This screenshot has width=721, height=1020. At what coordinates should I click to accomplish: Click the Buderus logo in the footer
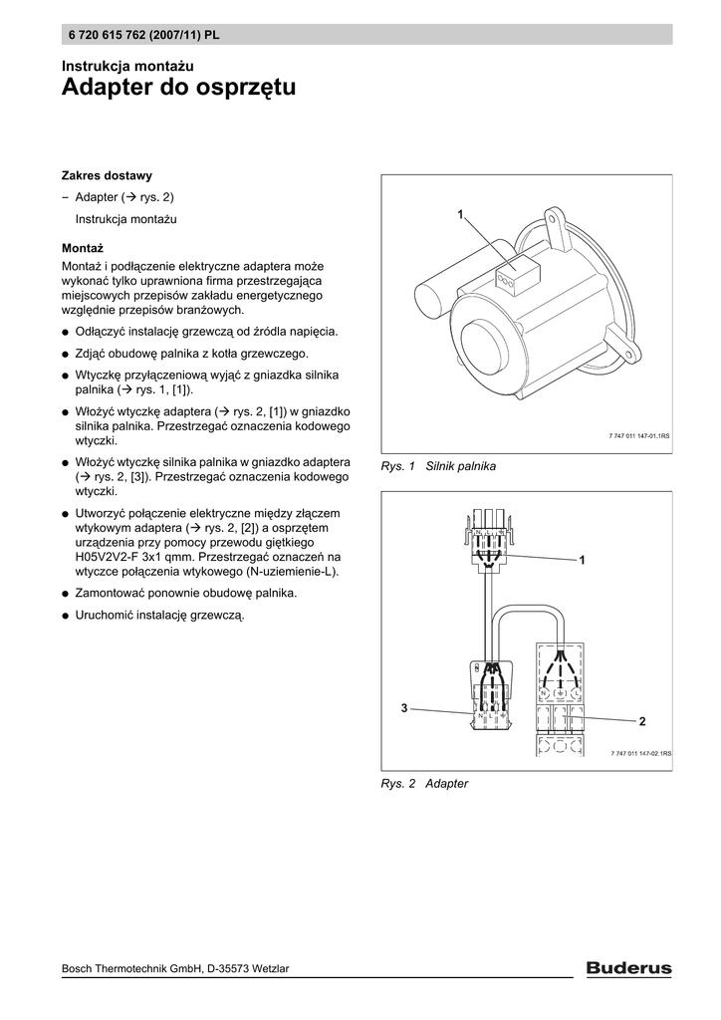point(627,967)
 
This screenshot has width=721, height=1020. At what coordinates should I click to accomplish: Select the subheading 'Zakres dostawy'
point(107,175)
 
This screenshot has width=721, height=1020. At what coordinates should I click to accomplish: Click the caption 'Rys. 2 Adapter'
point(424,784)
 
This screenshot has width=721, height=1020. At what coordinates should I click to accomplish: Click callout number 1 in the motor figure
point(461,215)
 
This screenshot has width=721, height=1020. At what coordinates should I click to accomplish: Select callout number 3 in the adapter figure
point(404,707)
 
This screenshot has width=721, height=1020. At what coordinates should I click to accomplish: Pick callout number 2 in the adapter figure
point(642,720)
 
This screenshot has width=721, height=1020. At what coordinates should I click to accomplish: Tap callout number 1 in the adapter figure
point(583,563)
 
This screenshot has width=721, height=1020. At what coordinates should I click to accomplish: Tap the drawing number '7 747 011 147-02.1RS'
point(640,754)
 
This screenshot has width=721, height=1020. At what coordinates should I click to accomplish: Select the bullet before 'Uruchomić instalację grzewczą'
point(65,616)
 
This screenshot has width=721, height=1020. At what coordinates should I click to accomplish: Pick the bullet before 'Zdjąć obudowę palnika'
point(65,355)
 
